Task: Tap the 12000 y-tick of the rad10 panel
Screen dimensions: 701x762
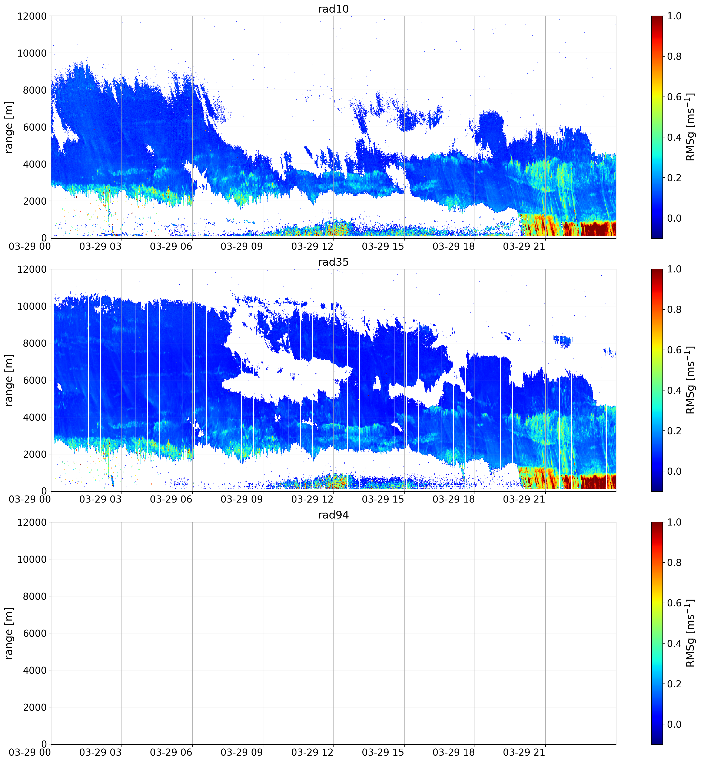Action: click(x=32, y=16)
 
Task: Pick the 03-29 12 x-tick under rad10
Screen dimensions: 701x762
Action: click(x=312, y=246)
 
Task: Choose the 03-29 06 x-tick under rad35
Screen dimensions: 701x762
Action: click(x=171, y=499)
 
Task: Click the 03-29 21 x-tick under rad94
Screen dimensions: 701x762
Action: click(x=524, y=752)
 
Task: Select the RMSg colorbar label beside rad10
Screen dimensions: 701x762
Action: click(x=690, y=127)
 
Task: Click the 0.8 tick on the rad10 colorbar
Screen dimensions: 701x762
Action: click(x=674, y=57)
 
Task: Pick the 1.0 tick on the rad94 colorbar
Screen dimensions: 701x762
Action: click(x=674, y=522)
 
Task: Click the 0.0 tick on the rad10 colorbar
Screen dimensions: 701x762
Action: click(x=674, y=218)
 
